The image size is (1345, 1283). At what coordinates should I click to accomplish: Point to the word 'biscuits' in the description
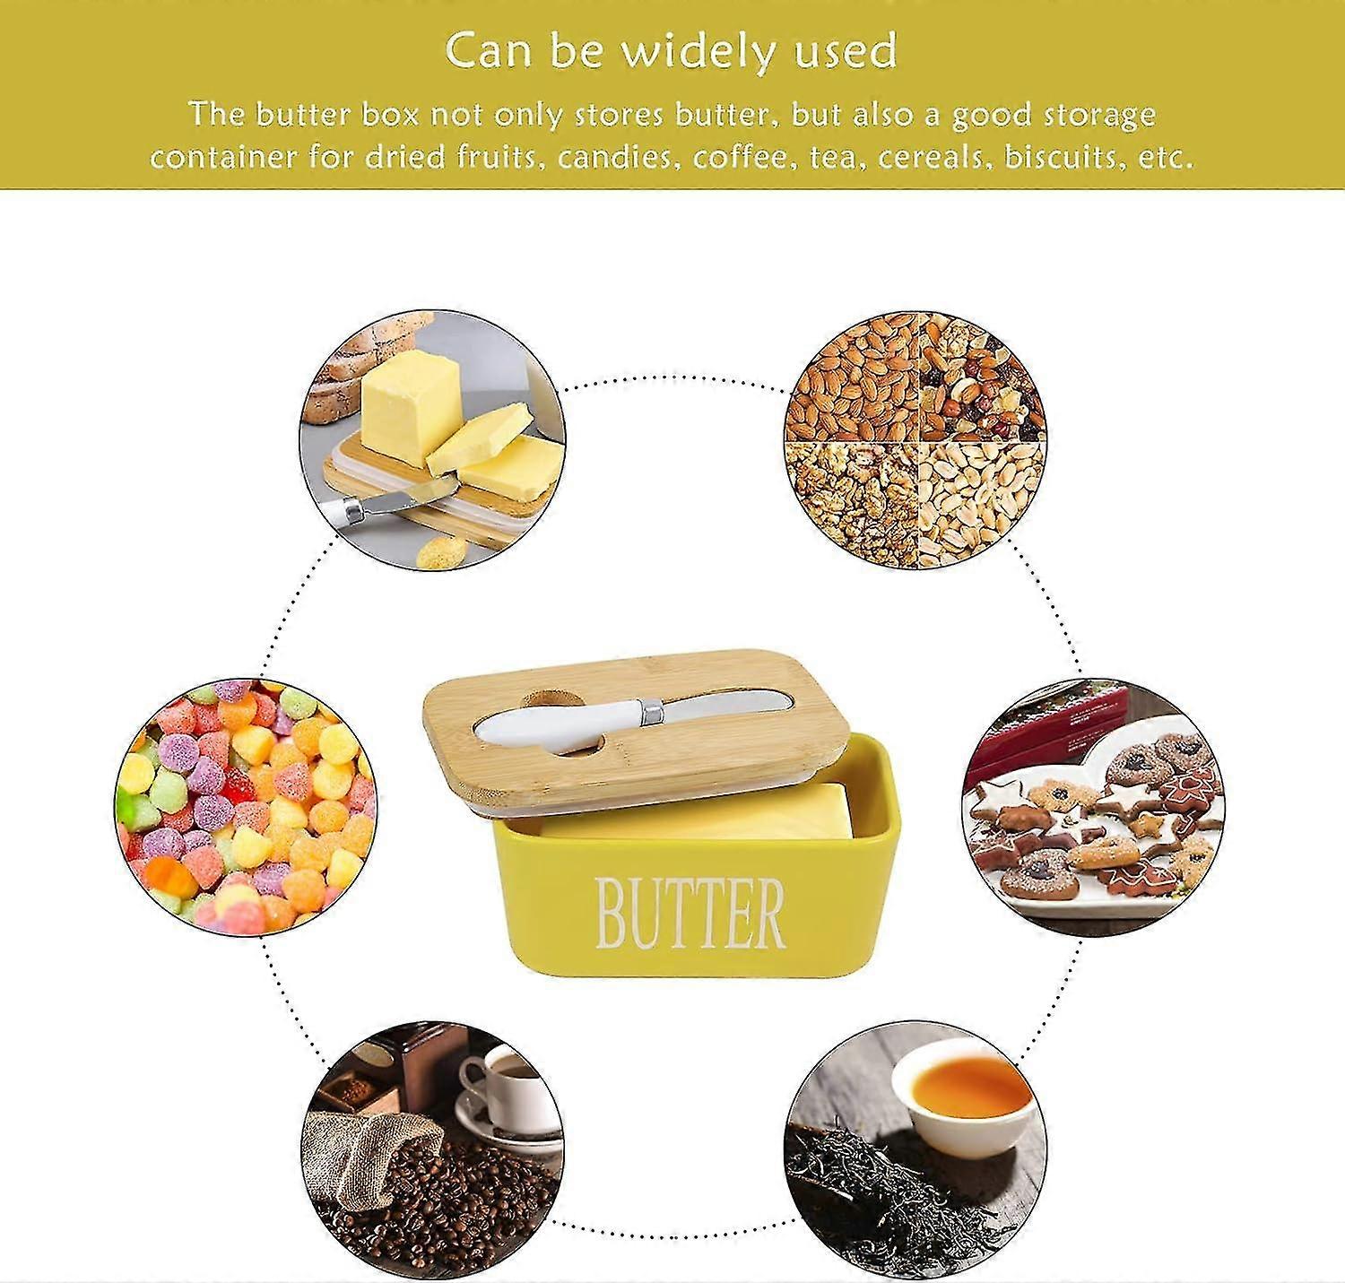coord(1068,157)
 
